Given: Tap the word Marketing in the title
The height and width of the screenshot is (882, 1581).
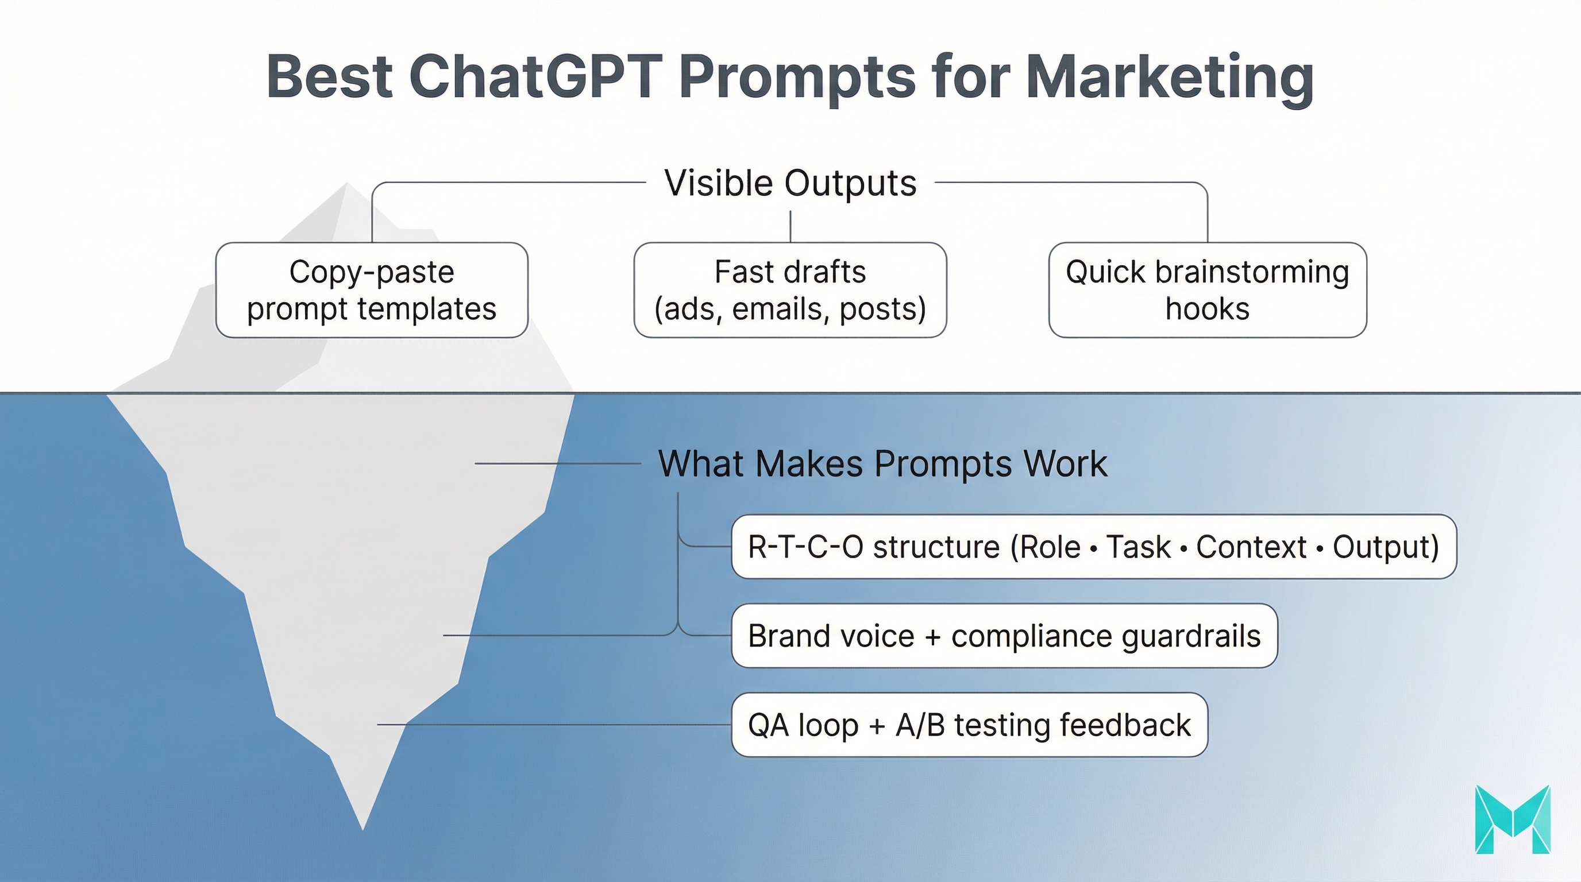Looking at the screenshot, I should pyautogui.click(x=1169, y=78).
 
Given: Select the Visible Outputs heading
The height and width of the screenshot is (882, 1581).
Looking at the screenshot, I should pyautogui.click(x=790, y=183).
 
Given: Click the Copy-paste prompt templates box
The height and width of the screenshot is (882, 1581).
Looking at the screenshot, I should pyautogui.click(x=371, y=290).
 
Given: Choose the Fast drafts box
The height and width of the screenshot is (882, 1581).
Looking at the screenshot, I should pyautogui.click(x=790, y=290).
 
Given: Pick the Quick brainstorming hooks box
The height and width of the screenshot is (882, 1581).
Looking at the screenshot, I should pyautogui.click(x=1207, y=290).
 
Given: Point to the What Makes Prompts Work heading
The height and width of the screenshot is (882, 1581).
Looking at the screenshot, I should pyautogui.click(x=882, y=464).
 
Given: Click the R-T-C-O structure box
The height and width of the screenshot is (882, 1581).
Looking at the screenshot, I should pyautogui.click(x=1093, y=547).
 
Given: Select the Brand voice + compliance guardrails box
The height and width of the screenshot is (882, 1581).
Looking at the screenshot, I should pyautogui.click(x=1004, y=636).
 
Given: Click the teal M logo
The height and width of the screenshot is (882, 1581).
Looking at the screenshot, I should pyautogui.click(x=1512, y=819).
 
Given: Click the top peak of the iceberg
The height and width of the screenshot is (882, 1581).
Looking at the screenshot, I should pyautogui.click(x=347, y=184).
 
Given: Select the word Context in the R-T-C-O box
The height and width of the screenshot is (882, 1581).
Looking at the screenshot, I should pyautogui.click(x=1251, y=547).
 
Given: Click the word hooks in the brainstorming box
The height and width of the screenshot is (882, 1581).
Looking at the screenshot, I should pyautogui.click(x=1207, y=308).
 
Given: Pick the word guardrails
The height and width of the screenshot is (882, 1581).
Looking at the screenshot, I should pyautogui.click(x=1191, y=636).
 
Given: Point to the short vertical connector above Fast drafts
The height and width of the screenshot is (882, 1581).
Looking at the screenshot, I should pyautogui.click(x=790, y=226).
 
